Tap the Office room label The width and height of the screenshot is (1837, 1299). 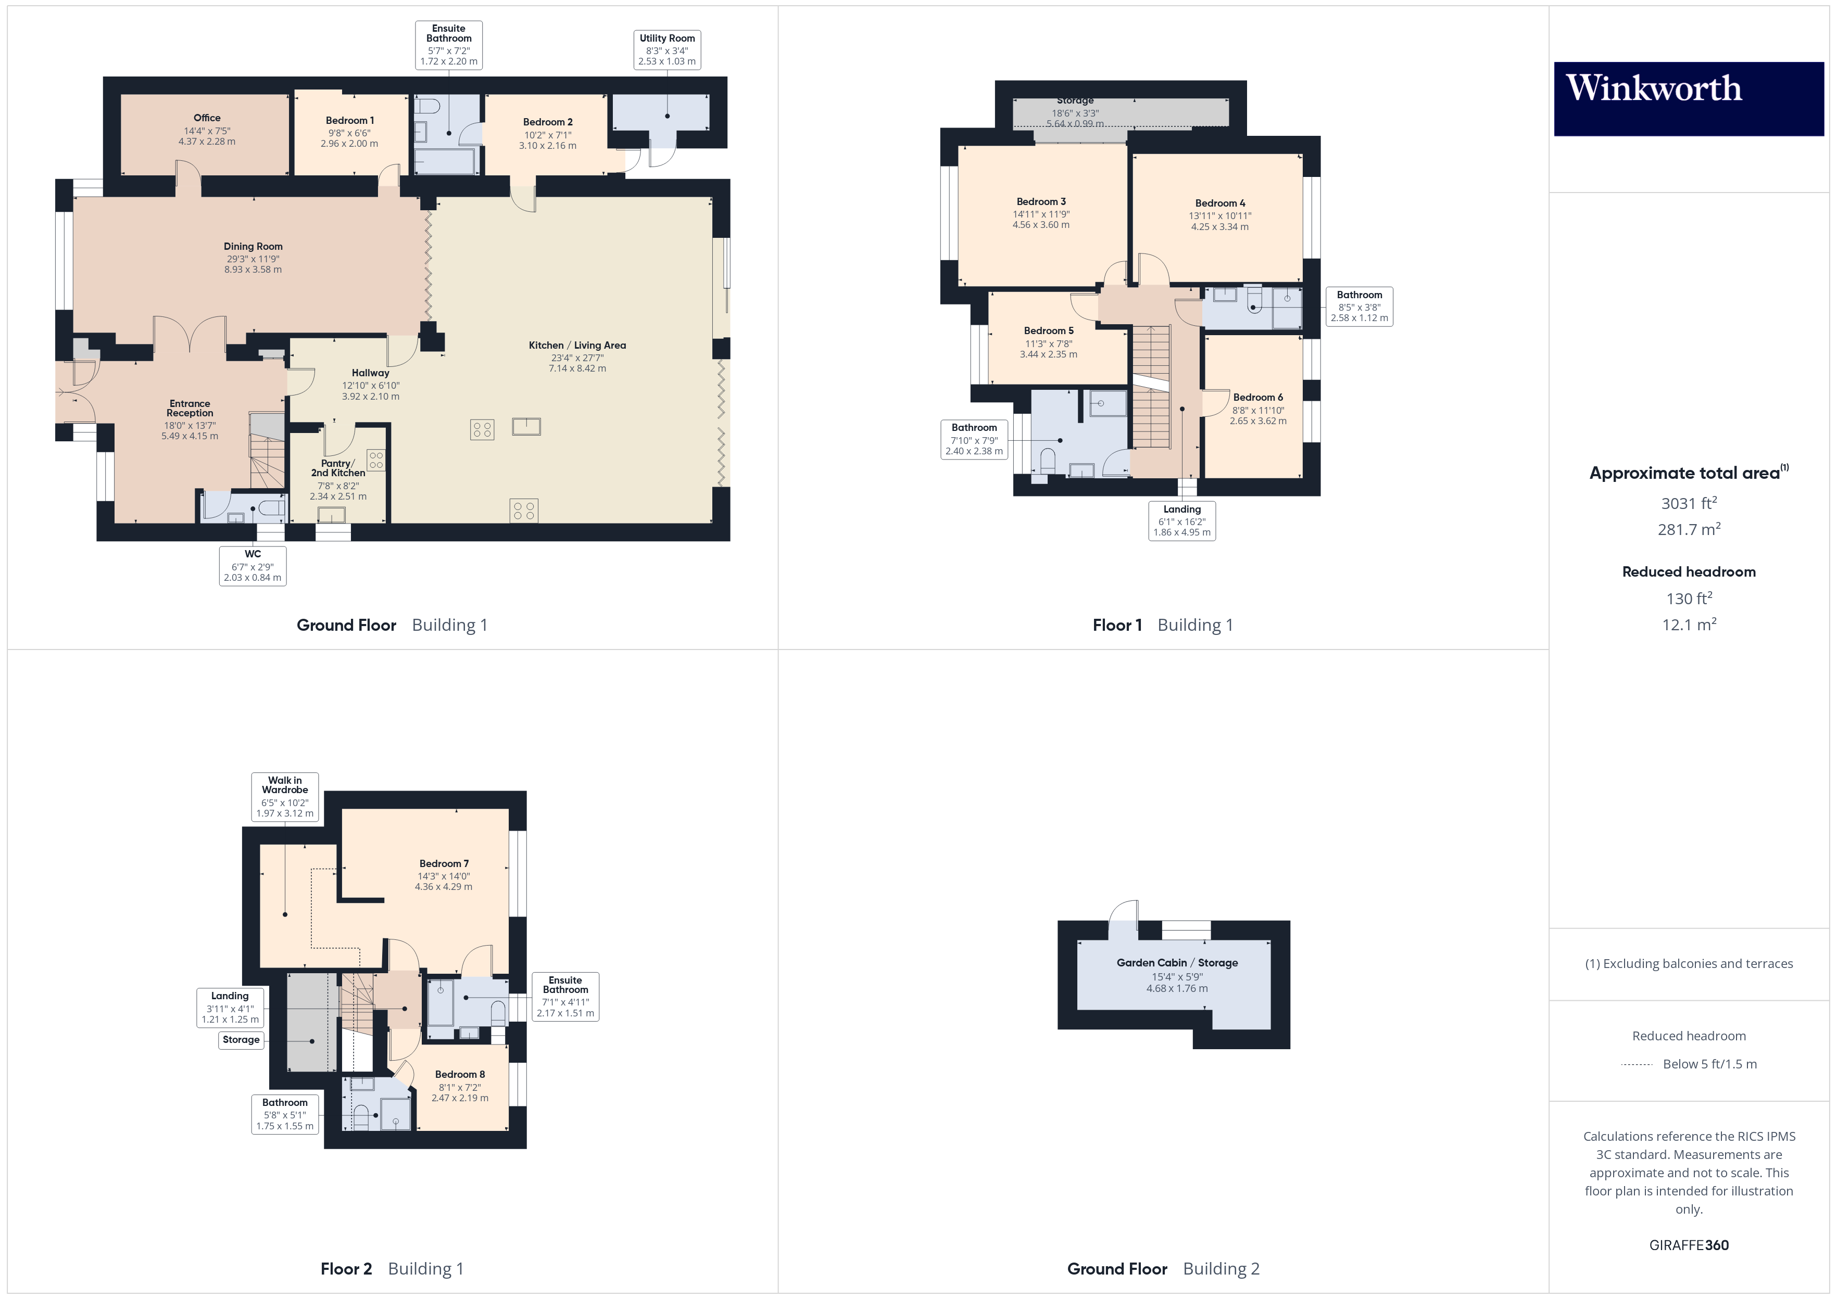pyautogui.click(x=206, y=118)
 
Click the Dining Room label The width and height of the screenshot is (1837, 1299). pyautogui.click(x=253, y=246)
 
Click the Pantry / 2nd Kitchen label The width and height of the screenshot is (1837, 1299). pyautogui.click(x=337, y=468)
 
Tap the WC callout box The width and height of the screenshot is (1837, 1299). pyautogui.click(x=253, y=566)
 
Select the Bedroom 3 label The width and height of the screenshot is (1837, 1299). pyautogui.click(x=1040, y=201)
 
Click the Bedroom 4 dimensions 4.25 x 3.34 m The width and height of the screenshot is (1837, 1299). pyautogui.click(x=1219, y=227)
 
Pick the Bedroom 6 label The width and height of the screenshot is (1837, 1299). pyautogui.click(x=1258, y=398)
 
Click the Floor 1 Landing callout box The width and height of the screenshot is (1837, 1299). pyautogui.click(x=1182, y=521)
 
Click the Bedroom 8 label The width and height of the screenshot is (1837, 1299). pyautogui.click(x=460, y=1074)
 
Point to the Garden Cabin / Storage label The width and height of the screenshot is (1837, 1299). pyautogui.click(x=1177, y=963)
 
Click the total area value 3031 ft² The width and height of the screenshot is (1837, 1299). pyautogui.click(x=1688, y=503)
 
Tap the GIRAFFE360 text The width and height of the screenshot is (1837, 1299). pyautogui.click(x=1688, y=1245)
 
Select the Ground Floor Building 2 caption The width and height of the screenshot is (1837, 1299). pyautogui.click(x=1163, y=1269)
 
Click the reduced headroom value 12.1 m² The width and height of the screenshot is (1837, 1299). pyautogui.click(x=1688, y=625)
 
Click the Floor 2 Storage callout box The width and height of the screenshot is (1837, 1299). pyautogui.click(x=241, y=1040)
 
